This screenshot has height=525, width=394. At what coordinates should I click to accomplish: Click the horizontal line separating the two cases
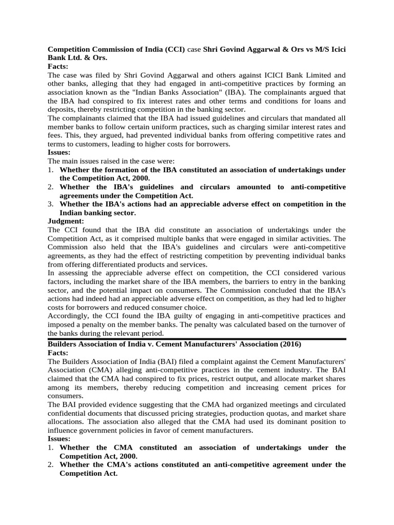pyautogui.click(x=197, y=338)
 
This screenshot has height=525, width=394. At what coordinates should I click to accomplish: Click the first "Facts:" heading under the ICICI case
pyautogui.click(x=58, y=67)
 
